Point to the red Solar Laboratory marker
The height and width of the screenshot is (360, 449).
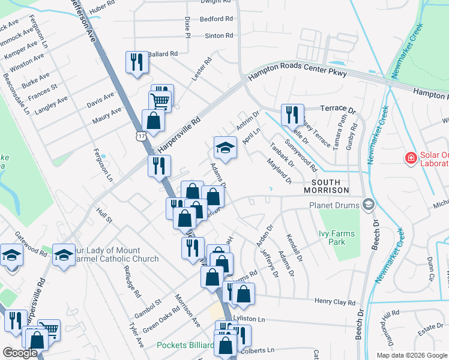coord(411,158)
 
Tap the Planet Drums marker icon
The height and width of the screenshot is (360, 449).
coord(368,205)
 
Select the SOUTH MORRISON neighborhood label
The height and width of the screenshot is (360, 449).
coord(330,186)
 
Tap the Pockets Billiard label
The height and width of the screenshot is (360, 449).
coord(185,345)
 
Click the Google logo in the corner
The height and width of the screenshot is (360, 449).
coord(20,353)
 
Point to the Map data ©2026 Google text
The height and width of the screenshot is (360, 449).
coord(411,355)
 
